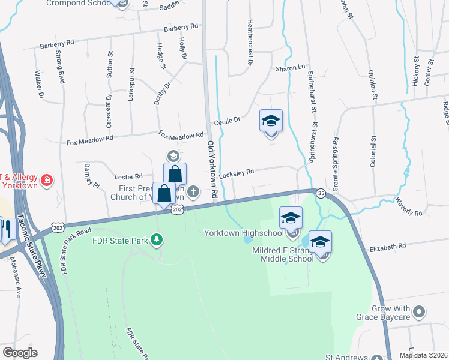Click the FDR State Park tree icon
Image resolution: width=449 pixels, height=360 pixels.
157,241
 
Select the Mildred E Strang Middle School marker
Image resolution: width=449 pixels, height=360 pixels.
320,242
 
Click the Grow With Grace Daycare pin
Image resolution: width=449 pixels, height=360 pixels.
419,312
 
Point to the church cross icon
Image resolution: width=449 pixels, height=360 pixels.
193,192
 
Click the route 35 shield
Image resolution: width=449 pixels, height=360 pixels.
322,193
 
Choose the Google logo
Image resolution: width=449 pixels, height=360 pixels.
19,353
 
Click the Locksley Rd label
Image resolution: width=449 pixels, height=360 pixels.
237,173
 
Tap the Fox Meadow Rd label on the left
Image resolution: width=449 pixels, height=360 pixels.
90,140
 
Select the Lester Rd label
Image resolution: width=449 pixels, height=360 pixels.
128,176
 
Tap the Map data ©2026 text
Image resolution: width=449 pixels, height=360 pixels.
423,355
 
